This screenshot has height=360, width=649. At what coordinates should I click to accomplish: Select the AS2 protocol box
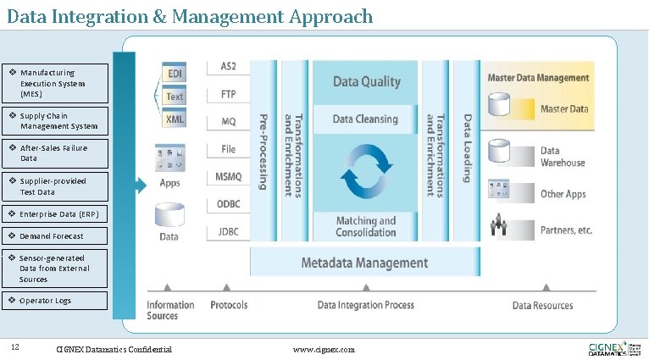228,67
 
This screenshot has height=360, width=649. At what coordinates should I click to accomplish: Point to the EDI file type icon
175,73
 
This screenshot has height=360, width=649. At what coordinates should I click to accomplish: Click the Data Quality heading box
366,82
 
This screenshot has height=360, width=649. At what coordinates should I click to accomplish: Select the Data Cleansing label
365,119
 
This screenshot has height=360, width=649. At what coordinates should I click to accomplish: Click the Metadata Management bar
364,263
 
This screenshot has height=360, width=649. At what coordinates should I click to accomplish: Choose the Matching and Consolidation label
365,226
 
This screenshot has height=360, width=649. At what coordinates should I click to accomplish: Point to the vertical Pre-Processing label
263,152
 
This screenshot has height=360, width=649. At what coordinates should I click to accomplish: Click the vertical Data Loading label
466,148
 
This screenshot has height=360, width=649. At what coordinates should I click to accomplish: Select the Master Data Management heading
538,77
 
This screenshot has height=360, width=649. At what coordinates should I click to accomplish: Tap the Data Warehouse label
563,157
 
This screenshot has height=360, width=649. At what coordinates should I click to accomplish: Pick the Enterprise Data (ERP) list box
56,213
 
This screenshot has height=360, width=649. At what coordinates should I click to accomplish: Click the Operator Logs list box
56,301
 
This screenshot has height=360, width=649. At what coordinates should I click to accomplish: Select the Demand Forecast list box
56,235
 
